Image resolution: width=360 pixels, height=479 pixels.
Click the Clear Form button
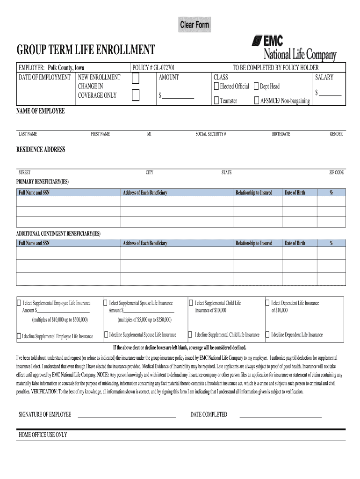(x=195, y=25)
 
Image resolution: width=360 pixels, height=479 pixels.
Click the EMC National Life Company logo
(x=293, y=48)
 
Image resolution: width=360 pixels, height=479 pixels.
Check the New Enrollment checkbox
(x=136, y=80)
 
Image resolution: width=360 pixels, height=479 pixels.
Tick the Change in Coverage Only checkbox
(x=136, y=95)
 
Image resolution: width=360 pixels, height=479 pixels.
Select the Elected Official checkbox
(x=216, y=87)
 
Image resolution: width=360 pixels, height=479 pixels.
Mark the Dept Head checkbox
(x=256, y=87)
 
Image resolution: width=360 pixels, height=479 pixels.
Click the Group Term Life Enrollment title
(x=86, y=50)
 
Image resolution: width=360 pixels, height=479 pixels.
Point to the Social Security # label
(x=211, y=134)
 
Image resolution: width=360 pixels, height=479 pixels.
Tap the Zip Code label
(x=336, y=173)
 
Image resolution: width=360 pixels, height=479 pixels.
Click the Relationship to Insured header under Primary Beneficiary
(x=253, y=193)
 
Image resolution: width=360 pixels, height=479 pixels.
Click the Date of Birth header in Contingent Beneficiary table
(x=295, y=243)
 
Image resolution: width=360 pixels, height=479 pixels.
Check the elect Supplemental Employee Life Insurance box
(x=19, y=303)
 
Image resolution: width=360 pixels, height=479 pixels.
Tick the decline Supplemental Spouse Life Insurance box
(x=106, y=334)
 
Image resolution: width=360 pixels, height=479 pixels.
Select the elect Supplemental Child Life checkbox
(x=190, y=303)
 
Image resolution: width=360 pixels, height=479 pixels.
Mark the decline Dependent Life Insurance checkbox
(x=267, y=335)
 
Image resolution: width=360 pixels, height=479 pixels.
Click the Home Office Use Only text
(x=43, y=435)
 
